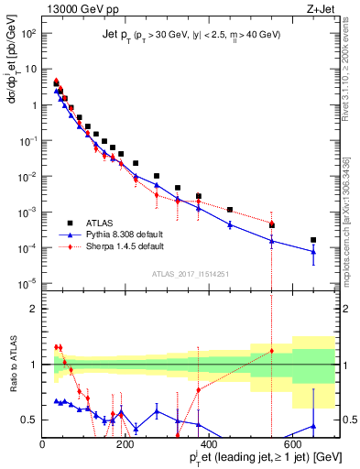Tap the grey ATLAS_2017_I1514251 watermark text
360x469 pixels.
tap(189, 273)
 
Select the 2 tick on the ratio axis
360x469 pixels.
tap(34, 309)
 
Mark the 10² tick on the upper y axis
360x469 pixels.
tap(28, 33)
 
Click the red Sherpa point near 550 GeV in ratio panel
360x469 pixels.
tap(271, 351)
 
